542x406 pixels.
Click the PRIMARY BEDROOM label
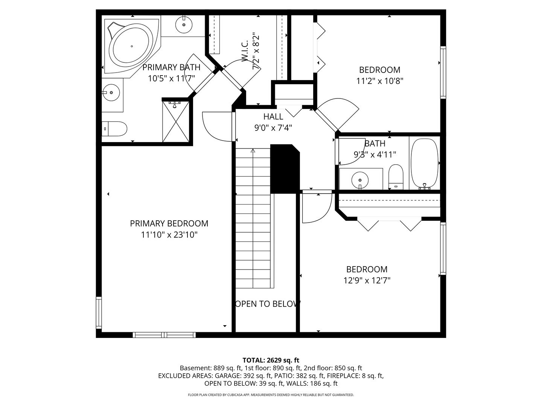[169, 223]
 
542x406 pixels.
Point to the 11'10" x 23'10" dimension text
[169, 235]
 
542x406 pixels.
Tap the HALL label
[273, 117]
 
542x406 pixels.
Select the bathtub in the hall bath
[425, 164]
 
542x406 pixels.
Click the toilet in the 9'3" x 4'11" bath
[396, 177]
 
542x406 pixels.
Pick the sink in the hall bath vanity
[360, 179]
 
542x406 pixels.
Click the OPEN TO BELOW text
[267, 304]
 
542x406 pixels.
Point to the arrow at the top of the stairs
[253, 151]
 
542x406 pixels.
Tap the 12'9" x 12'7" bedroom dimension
[367, 280]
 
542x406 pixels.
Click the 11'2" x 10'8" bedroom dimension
[379, 81]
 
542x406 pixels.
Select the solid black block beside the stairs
[284, 168]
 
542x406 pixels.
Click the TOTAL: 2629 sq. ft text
[271, 360]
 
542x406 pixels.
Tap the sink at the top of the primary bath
[184, 25]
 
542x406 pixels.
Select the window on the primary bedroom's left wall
[99, 312]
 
